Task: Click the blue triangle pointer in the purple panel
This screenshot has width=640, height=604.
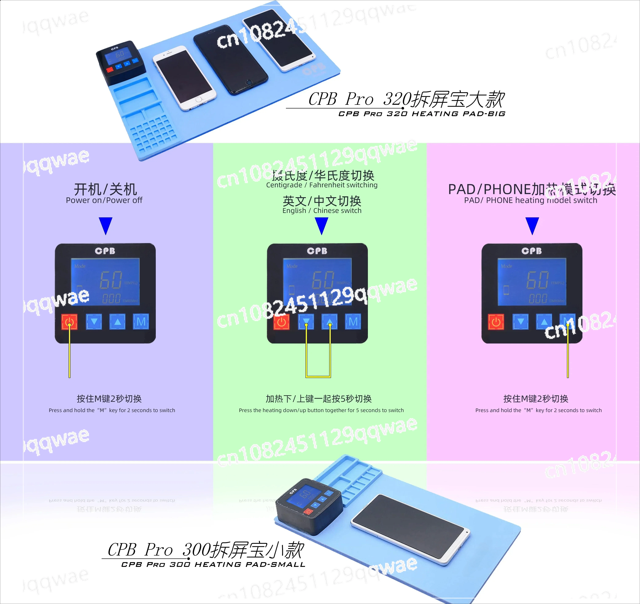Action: (x=106, y=225)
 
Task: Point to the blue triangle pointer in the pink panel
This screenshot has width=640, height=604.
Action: (x=532, y=225)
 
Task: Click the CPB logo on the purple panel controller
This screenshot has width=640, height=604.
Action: (x=105, y=251)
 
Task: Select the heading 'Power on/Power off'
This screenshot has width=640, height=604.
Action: (x=104, y=200)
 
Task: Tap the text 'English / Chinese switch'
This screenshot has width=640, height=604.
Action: (x=322, y=210)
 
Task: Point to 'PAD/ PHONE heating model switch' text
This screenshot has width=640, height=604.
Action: (x=530, y=200)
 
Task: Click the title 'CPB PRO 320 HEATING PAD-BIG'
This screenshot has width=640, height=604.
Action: (x=422, y=114)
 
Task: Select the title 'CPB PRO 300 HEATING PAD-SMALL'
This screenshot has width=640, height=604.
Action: (x=213, y=564)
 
